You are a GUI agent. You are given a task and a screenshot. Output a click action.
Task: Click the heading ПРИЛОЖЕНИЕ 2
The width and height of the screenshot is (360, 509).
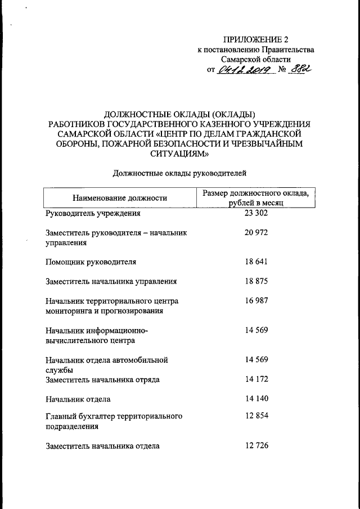click(256, 39)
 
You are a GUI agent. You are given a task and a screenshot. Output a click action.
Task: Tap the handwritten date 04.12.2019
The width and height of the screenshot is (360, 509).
click(245, 70)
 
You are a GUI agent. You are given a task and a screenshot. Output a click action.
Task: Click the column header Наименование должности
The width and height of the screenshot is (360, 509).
click(120, 198)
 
